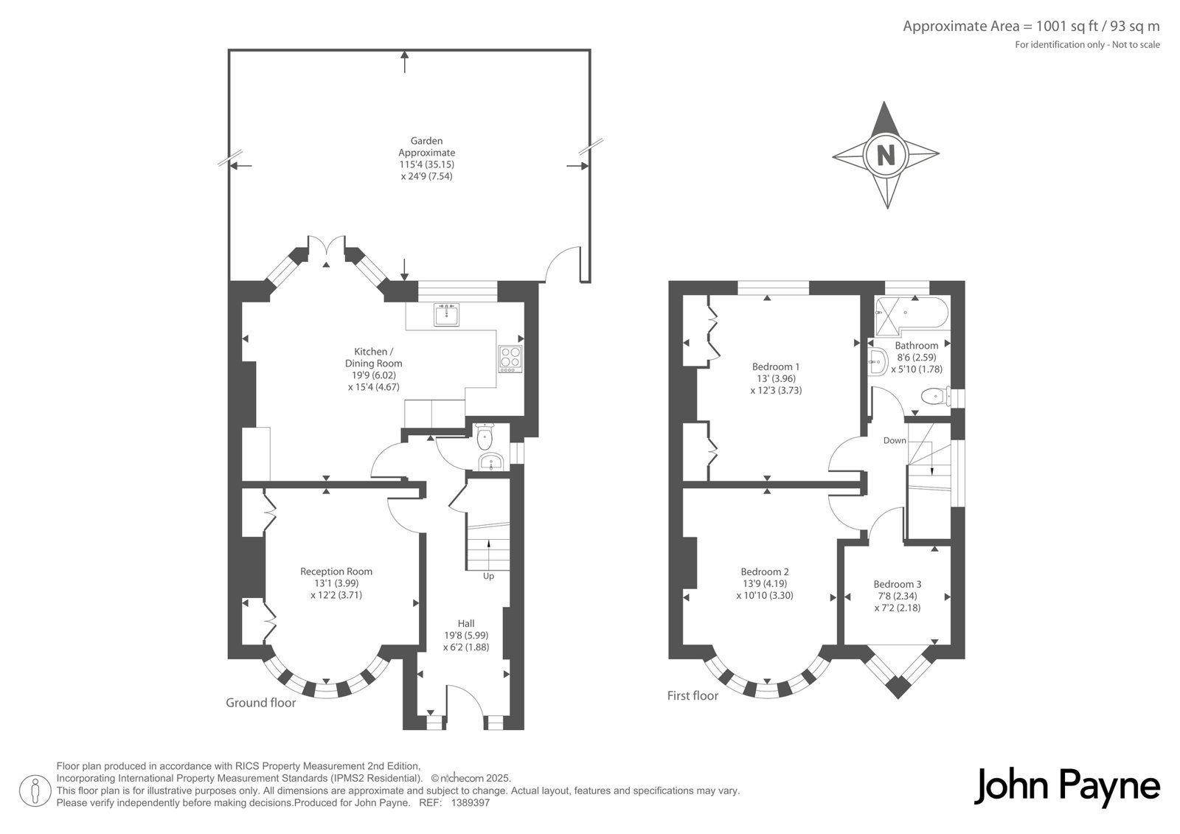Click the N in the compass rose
(886, 156)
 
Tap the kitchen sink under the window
(447, 315)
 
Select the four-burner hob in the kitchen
(510, 359)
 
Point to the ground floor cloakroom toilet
(484, 437)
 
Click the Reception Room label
(336, 571)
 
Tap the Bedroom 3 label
(897, 584)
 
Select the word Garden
(427, 141)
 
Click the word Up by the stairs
(488, 577)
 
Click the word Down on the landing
(895, 440)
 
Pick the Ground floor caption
(261, 703)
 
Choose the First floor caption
(693, 696)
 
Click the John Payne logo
(1066, 787)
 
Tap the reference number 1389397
(471, 803)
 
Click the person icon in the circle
(35, 790)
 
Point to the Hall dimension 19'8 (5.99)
(466, 636)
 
